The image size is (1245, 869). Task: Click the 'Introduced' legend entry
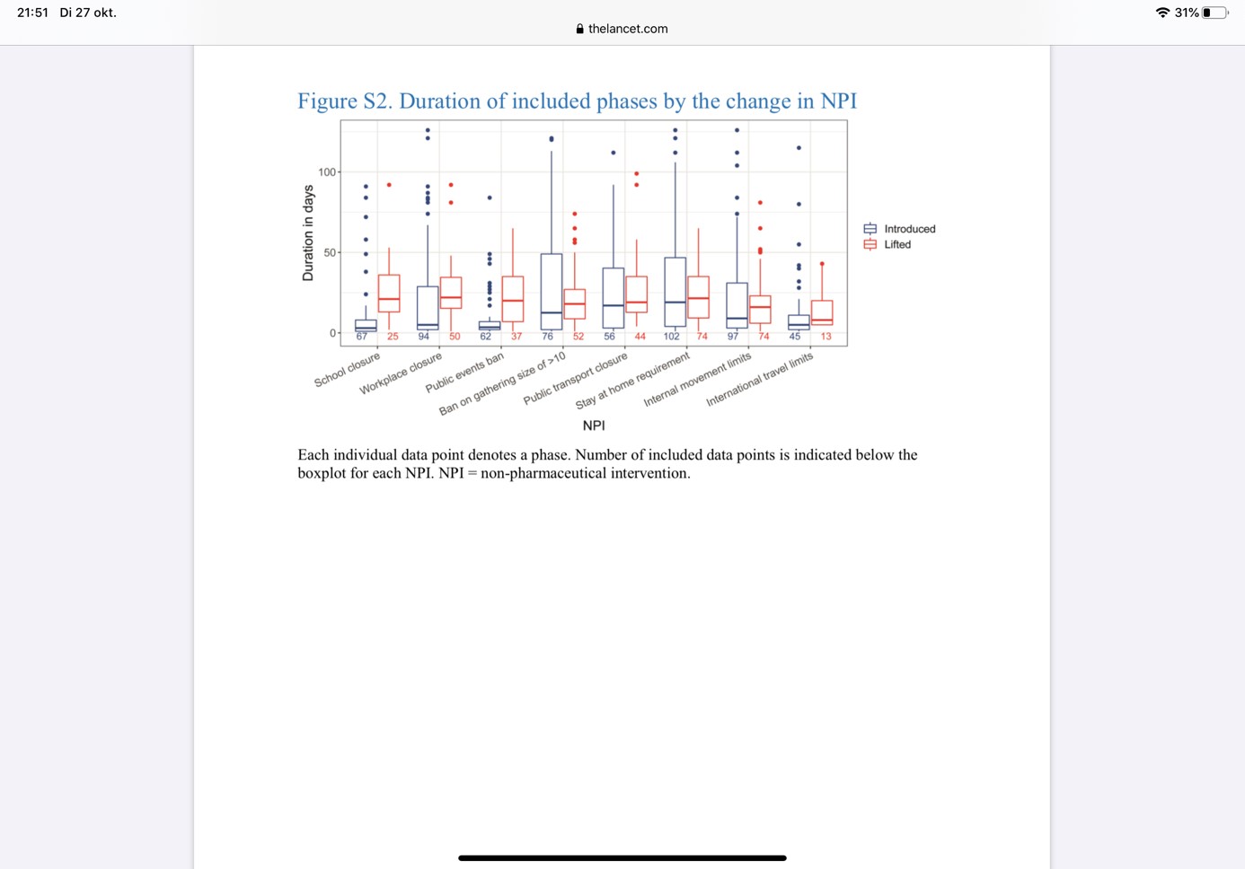point(908,229)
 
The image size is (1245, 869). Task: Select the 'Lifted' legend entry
point(896,244)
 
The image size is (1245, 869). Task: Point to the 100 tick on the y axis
point(327,172)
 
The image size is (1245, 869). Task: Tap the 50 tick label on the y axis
point(330,253)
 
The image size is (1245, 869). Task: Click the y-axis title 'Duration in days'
point(308,233)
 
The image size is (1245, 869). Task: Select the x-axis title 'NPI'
point(594,426)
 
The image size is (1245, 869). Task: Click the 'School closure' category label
point(348,370)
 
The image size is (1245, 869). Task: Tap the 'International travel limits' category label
point(760,379)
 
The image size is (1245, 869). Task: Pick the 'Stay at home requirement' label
point(633,380)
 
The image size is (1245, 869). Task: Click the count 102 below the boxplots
point(671,337)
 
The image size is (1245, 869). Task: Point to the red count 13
point(826,337)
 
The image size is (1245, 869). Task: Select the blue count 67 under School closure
point(361,337)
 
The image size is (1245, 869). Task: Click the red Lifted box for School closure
point(389,294)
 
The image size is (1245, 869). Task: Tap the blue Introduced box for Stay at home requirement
point(675,292)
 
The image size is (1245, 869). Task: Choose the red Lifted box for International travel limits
point(822,312)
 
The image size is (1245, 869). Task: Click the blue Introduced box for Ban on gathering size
point(552,292)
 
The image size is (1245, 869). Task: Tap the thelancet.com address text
point(628,29)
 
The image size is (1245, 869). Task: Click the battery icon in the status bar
point(1214,13)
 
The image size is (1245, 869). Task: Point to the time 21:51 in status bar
point(32,13)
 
